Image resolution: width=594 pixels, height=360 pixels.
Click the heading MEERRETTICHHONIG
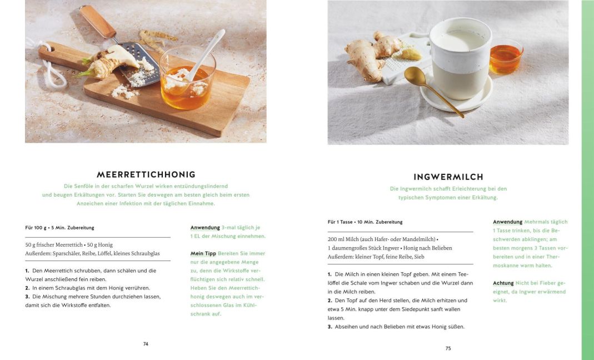tap(146, 174)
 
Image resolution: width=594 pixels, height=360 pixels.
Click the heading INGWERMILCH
tap(448, 177)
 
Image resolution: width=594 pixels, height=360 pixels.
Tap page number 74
tap(146, 344)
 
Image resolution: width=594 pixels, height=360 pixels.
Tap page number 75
tap(448, 349)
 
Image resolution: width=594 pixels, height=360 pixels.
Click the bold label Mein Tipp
tap(203, 253)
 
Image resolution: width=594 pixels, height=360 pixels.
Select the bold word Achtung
tap(503, 283)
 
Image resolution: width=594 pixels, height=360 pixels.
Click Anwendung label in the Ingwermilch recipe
tap(508, 222)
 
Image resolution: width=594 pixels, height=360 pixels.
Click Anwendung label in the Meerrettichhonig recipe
tap(205, 228)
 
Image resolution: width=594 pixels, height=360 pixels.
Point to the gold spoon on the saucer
tap(432, 89)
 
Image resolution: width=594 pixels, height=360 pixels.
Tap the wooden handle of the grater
tap(97, 21)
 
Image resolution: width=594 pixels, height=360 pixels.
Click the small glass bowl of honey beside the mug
tap(506, 57)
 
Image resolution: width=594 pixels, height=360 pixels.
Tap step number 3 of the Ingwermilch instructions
tap(330, 327)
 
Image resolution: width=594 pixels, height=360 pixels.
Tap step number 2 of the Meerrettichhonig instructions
tap(27, 288)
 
